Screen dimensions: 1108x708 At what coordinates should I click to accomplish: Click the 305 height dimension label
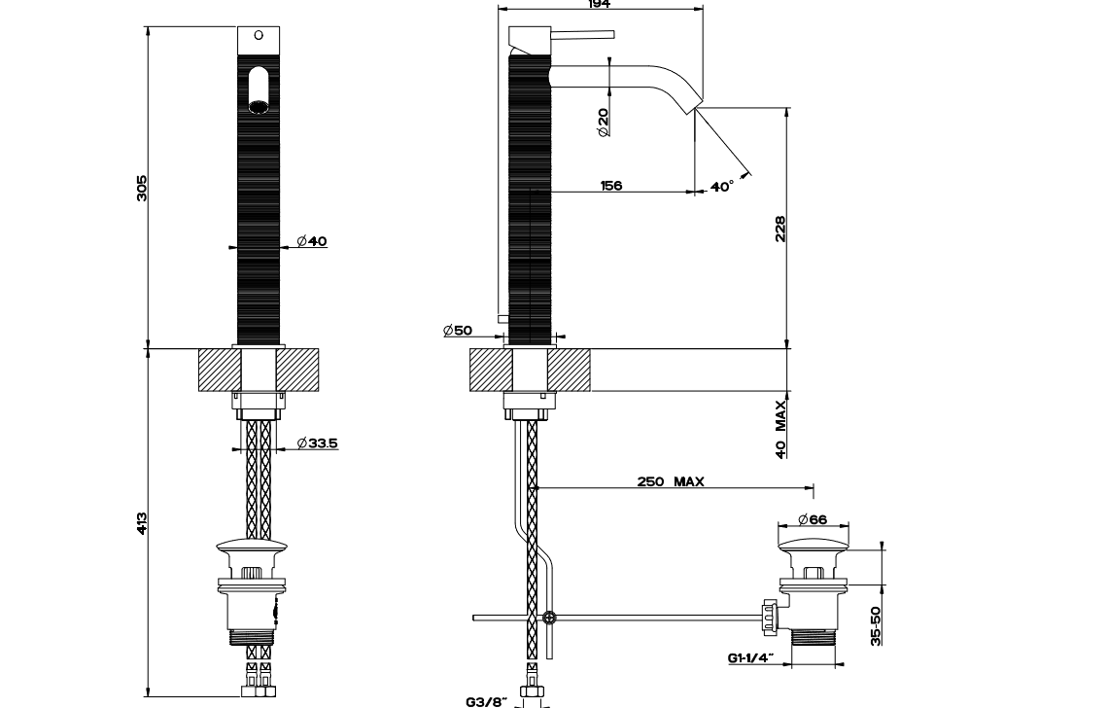click(142, 188)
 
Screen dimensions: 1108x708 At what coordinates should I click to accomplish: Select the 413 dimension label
click(142, 523)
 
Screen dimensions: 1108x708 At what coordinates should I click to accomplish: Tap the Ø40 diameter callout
click(312, 241)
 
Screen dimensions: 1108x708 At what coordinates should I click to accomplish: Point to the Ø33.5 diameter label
click(317, 443)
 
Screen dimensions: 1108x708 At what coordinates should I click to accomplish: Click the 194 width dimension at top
click(600, 4)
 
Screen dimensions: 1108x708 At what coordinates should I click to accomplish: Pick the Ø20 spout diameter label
click(603, 123)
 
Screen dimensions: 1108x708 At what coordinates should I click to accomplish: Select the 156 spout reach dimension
click(611, 186)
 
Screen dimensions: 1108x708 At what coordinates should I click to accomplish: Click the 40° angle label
click(721, 186)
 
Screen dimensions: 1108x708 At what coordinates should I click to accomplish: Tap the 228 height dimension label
click(780, 230)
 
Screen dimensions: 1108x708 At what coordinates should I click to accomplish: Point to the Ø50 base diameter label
click(458, 331)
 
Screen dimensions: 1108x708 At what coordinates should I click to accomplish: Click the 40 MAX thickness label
click(780, 429)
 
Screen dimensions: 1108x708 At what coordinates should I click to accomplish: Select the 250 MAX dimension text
click(671, 481)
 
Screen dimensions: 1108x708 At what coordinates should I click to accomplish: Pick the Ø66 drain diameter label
click(812, 519)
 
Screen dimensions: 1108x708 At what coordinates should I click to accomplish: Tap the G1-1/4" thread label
click(750, 657)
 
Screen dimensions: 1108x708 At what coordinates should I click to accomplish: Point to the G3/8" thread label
click(487, 701)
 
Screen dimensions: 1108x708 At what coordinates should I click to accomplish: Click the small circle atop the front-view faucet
click(258, 35)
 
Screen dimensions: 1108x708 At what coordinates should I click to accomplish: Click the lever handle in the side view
click(582, 34)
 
